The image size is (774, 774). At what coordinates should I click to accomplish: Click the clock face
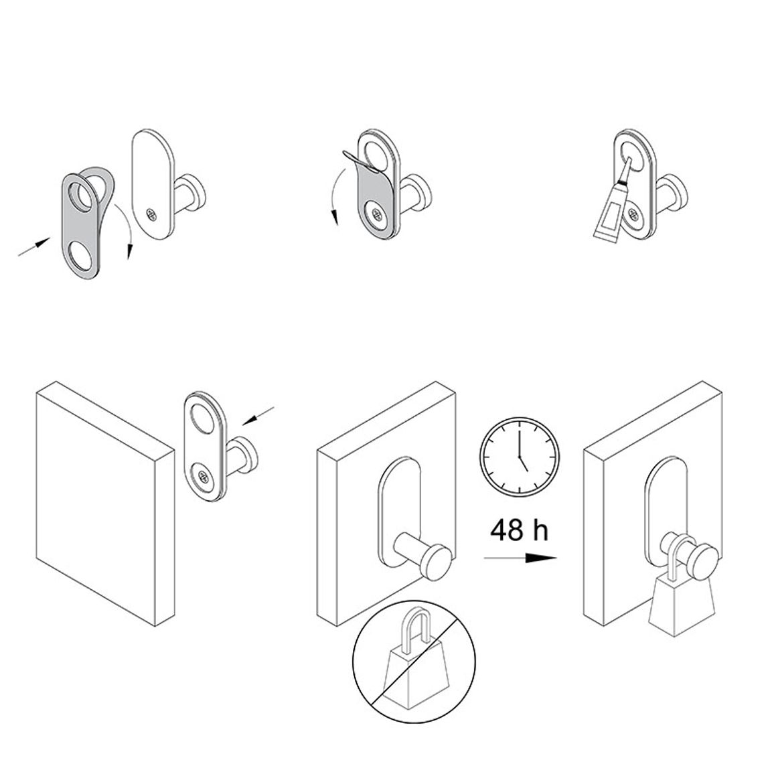(x=520, y=457)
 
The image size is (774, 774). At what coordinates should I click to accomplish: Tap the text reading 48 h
(x=519, y=530)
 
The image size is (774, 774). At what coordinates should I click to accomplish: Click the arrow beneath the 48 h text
(x=520, y=558)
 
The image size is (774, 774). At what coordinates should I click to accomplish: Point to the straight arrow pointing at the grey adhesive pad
(x=34, y=246)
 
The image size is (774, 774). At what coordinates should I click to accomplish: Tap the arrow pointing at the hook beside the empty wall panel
(x=258, y=416)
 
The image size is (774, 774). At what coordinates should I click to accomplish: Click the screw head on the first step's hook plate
(x=151, y=215)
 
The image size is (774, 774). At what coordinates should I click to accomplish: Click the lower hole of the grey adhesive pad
(x=80, y=256)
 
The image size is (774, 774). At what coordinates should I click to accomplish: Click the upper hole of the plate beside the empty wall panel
(x=203, y=415)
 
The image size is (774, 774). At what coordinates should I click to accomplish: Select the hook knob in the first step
(x=196, y=189)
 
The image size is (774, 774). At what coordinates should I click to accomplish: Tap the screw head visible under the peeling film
(x=377, y=215)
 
